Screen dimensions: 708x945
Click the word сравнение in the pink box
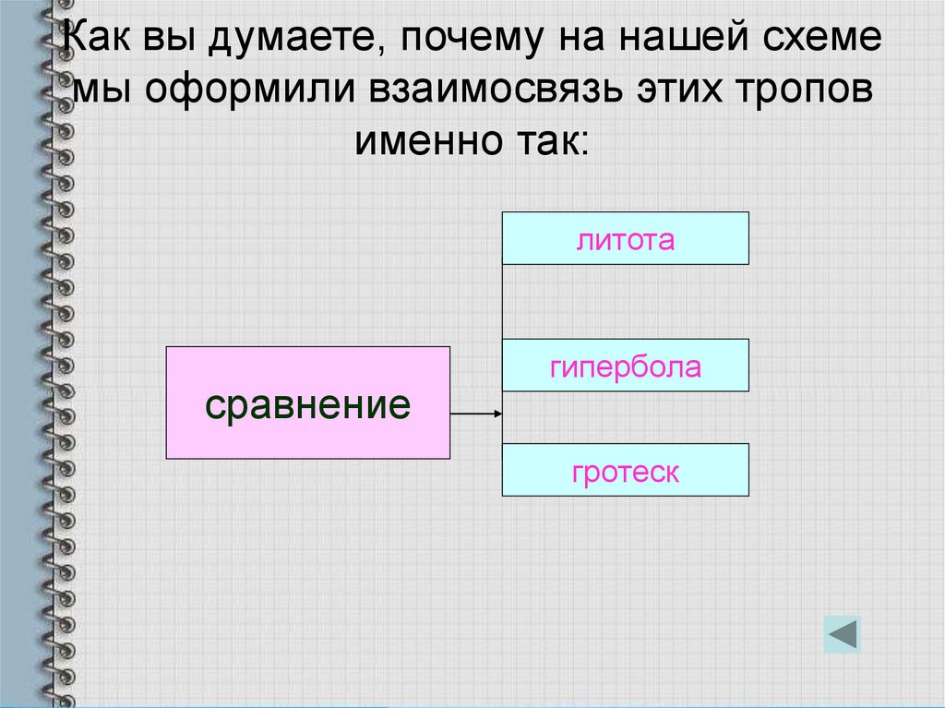point(307,404)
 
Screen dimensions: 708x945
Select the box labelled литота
point(625,239)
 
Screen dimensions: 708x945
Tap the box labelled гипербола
point(625,366)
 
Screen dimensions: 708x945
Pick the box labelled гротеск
point(625,471)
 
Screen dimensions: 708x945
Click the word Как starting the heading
point(99,41)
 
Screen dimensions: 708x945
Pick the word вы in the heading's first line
point(172,41)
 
